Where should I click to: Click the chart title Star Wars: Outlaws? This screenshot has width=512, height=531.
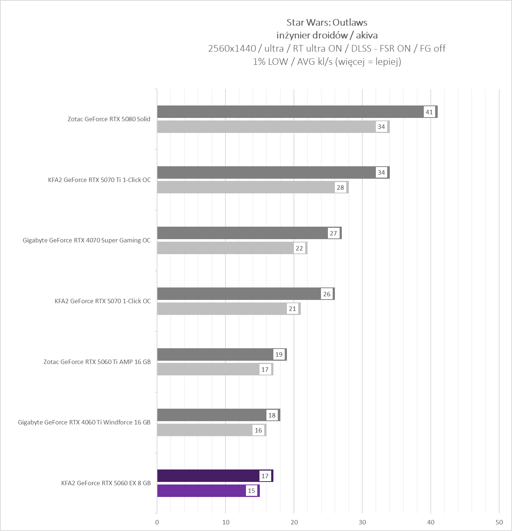click(x=327, y=22)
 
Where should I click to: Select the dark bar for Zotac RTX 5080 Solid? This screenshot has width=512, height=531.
click(x=289, y=112)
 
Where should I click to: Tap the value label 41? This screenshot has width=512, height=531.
click(x=429, y=112)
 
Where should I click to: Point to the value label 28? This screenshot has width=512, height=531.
click(x=340, y=187)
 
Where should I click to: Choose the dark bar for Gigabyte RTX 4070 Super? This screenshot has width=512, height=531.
click(x=242, y=233)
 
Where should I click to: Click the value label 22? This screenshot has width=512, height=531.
click(x=299, y=248)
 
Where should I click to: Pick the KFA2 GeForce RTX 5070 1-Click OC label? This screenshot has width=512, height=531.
click(x=102, y=301)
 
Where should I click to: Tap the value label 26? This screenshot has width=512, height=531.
click(x=327, y=294)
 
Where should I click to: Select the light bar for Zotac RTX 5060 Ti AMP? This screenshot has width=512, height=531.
click(x=209, y=369)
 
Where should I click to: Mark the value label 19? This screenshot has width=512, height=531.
click(x=279, y=354)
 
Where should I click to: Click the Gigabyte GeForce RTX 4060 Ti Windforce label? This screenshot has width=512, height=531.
click(x=84, y=422)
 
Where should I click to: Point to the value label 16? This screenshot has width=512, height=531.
click(x=258, y=430)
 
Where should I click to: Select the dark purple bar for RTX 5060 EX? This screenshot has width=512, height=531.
click(x=207, y=476)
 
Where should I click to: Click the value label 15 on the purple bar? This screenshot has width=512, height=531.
click(x=251, y=491)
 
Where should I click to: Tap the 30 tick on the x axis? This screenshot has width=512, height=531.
click(x=362, y=522)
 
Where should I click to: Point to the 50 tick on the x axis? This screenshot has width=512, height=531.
click(x=499, y=522)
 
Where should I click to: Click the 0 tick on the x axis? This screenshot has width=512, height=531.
click(x=157, y=522)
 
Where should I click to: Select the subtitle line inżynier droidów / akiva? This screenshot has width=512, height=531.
click(x=327, y=36)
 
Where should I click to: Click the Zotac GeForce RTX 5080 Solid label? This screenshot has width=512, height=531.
click(x=109, y=119)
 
